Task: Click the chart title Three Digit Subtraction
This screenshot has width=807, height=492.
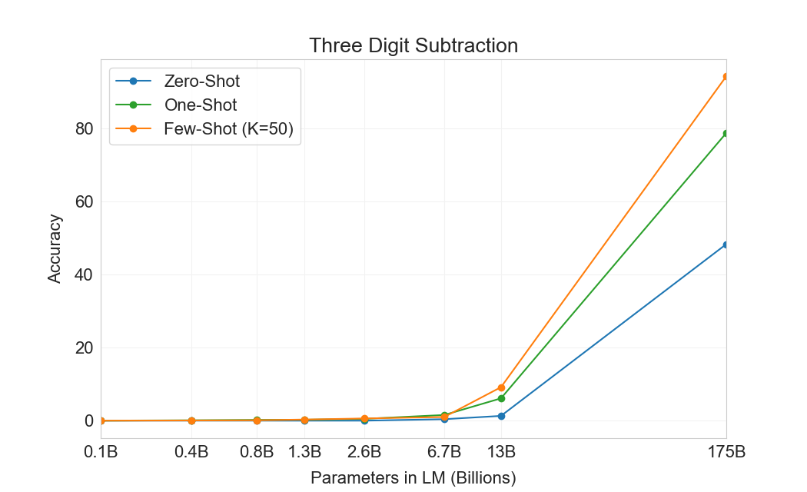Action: (x=413, y=45)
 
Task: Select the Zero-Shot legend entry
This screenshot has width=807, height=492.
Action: (x=201, y=81)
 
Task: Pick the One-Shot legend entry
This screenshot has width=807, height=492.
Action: (x=200, y=105)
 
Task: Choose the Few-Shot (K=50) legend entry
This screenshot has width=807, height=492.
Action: (x=228, y=129)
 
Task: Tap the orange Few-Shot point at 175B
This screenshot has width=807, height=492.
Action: (x=726, y=77)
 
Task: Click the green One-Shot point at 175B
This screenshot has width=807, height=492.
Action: (x=726, y=134)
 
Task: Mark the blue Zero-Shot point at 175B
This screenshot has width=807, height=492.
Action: (x=726, y=244)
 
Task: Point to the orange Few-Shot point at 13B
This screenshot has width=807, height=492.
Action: (x=502, y=387)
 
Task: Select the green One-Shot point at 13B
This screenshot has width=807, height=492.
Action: (x=502, y=398)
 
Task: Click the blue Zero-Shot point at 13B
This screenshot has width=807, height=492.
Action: (x=502, y=416)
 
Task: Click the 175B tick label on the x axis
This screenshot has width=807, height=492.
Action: (x=726, y=452)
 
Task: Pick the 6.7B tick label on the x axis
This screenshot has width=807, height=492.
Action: (x=444, y=452)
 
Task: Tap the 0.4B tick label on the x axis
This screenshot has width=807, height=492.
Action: (x=191, y=452)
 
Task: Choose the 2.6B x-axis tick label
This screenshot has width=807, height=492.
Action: (x=364, y=452)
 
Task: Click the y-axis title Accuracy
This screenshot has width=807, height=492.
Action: (x=55, y=248)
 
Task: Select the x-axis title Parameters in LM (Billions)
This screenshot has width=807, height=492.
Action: (x=413, y=477)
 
